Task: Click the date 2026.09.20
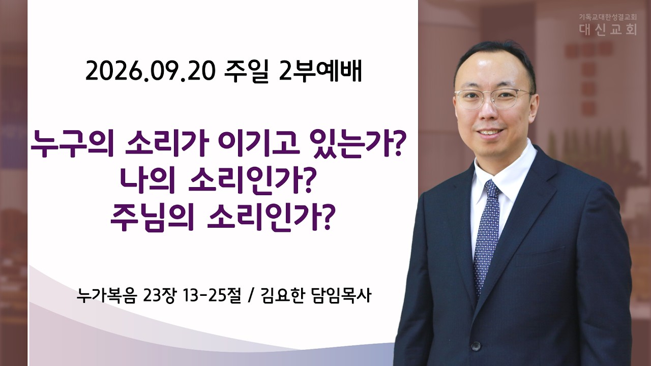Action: click(x=151, y=71)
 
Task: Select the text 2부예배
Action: click(x=320, y=71)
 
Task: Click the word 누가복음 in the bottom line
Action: click(x=106, y=296)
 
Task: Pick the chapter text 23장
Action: click(x=159, y=296)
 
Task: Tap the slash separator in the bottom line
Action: click(x=251, y=296)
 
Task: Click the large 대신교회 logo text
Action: click(x=607, y=29)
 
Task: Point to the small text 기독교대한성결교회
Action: click(x=607, y=17)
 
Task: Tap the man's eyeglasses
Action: click(x=493, y=99)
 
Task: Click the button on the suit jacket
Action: click(x=476, y=345)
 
